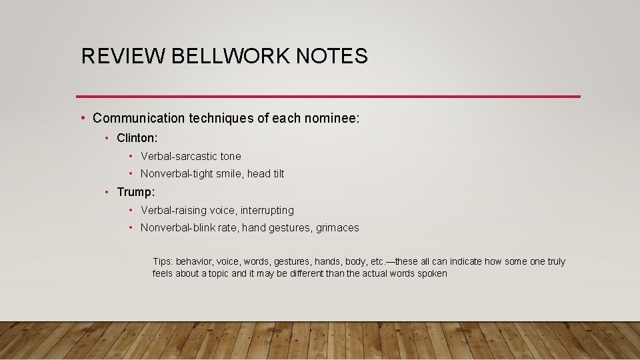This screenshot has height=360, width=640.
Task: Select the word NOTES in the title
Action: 331,56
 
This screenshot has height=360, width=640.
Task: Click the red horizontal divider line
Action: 328,97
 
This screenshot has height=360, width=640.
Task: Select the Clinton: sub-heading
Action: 137,138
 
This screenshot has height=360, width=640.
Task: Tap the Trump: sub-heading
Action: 135,192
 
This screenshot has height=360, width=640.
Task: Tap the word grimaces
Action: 337,227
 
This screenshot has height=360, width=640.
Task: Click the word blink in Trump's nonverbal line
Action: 206,227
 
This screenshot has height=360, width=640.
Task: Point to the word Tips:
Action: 163,261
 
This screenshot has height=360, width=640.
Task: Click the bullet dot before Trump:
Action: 107,192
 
